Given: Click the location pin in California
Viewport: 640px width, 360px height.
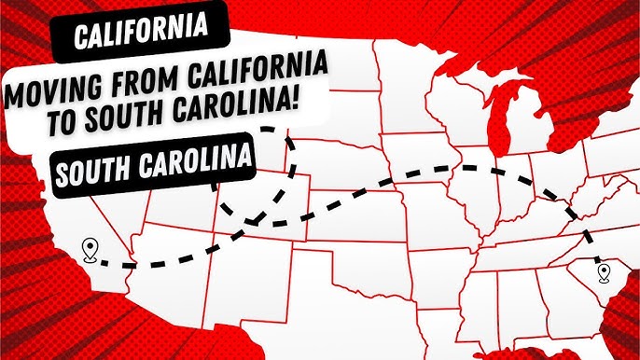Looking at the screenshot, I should (90, 249).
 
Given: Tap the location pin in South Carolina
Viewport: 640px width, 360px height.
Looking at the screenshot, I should (604, 273).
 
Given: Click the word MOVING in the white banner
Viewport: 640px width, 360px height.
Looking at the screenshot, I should (51, 95).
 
